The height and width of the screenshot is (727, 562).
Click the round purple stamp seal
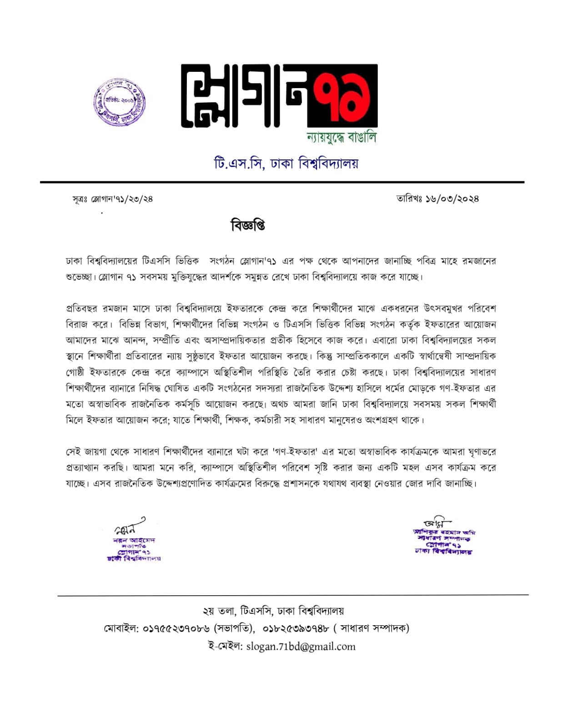119,103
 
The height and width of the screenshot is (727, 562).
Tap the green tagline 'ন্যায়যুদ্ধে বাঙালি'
341,137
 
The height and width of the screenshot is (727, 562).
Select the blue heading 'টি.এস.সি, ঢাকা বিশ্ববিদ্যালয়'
286,163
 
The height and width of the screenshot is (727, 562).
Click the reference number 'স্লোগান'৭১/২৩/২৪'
122,199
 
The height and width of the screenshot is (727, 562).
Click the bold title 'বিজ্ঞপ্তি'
248,225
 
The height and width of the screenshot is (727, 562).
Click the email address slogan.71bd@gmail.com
301,647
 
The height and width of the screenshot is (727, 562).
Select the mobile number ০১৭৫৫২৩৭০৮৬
176,628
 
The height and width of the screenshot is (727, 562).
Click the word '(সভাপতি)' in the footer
234,628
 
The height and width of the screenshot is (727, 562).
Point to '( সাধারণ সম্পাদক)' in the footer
371,628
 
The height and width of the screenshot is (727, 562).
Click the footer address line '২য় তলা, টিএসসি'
238,611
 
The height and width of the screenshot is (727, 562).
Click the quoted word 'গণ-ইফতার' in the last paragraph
295,452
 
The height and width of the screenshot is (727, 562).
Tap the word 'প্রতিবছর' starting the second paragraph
82,309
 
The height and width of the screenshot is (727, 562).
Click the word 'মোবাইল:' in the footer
121,628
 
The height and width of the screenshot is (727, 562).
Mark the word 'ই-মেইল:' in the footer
225,647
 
